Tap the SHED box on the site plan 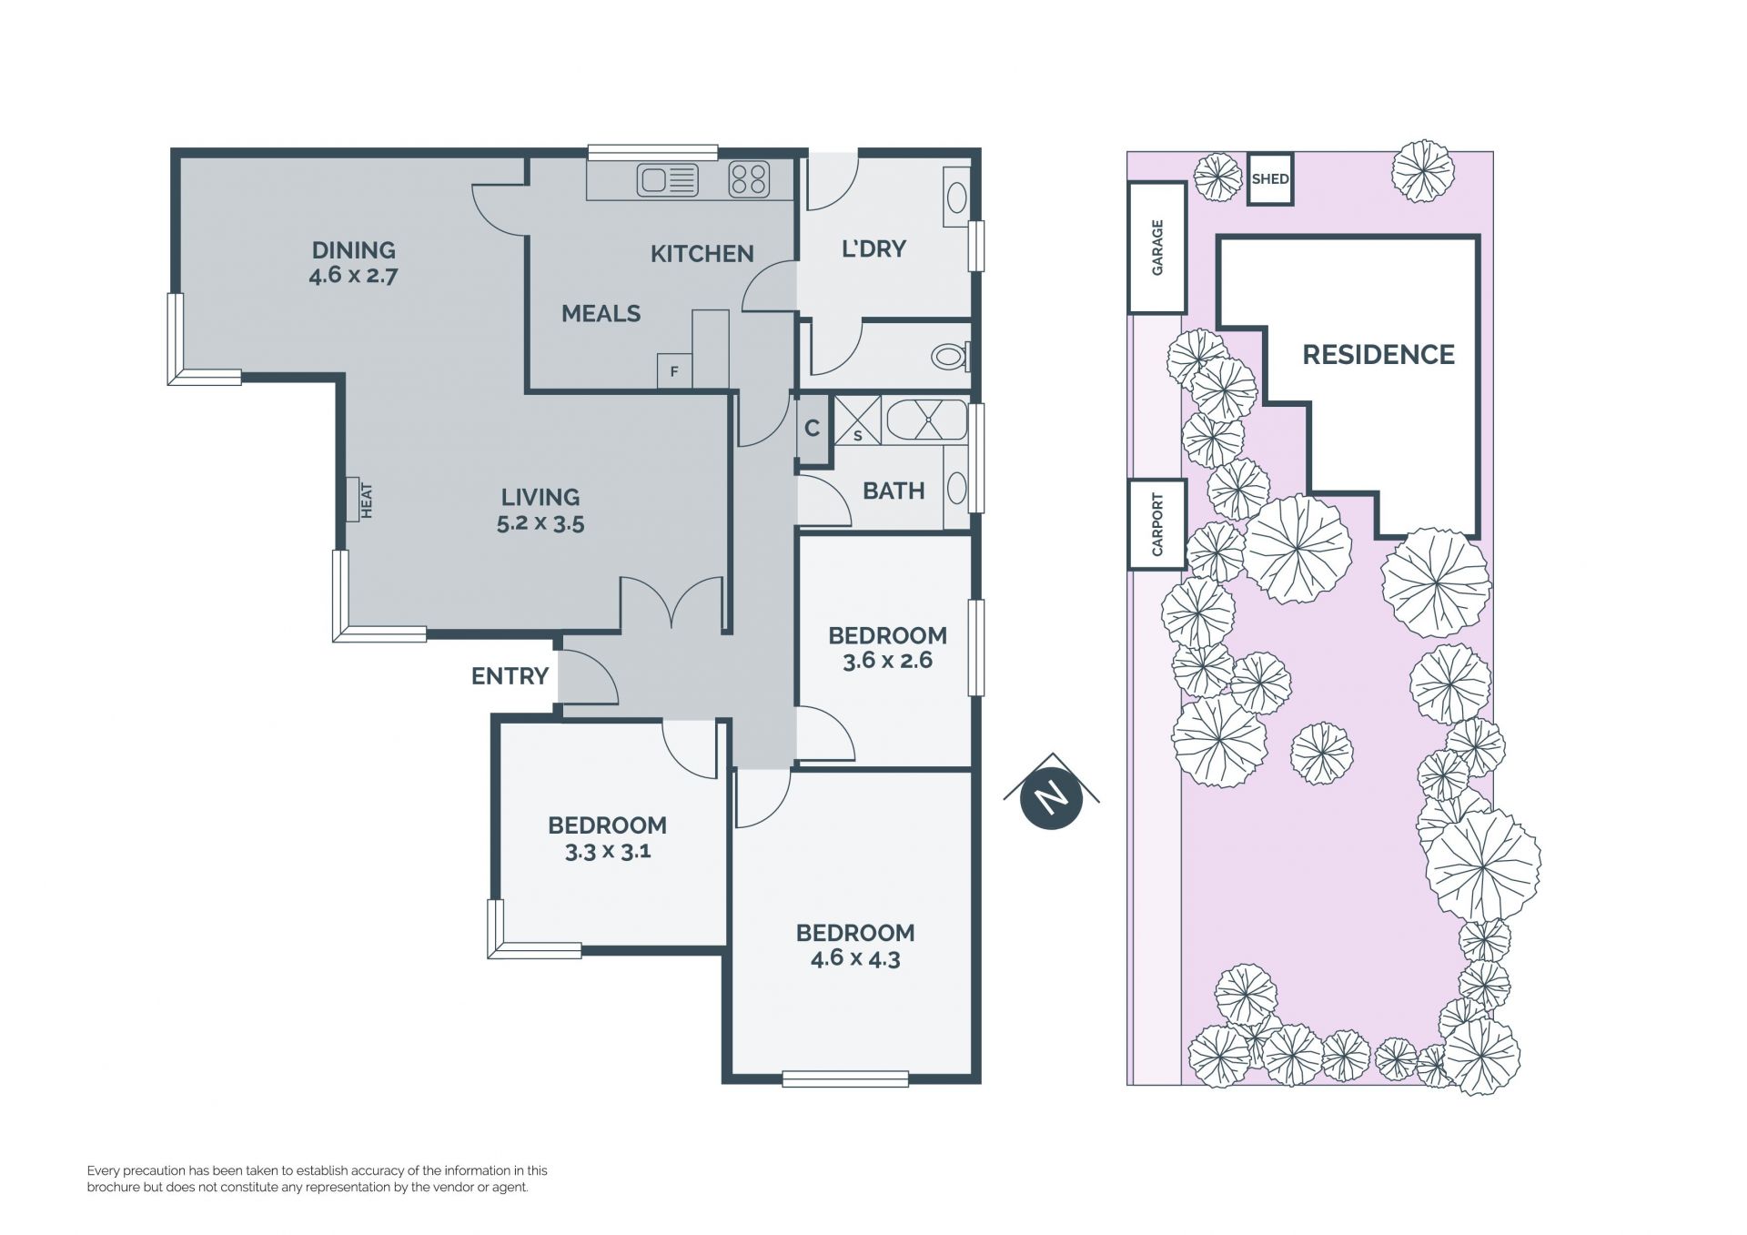tap(1269, 178)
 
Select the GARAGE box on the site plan tap(1157, 248)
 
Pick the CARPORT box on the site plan tap(1157, 525)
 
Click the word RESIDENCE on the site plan tap(1378, 354)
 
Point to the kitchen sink tap(668, 180)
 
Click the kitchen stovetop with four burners tap(749, 179)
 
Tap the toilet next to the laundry tap(951, 355)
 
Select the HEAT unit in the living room tap(354, 500)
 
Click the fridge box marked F tap(674, 371)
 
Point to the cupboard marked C tap(812, 428)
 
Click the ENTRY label tap(510, 676)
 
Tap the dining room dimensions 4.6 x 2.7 tap(353, 275)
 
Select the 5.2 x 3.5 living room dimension tap(540, 523)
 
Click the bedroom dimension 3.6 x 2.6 tap(887, 661)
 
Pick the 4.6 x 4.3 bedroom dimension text tap(855, 958)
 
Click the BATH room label tap(894, 491)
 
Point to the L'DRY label tap(873, 248)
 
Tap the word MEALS tap(601, 314)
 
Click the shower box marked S tap(857, 420)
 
